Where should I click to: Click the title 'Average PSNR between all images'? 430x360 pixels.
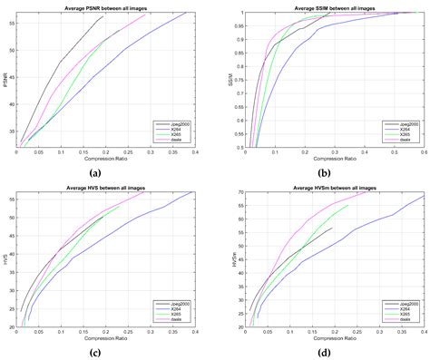(106, 7)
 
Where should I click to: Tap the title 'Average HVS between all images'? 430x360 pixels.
(106, 187)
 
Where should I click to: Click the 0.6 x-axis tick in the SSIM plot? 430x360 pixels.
(423, 152)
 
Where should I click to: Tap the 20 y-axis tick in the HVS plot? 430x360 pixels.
(12, 327)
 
